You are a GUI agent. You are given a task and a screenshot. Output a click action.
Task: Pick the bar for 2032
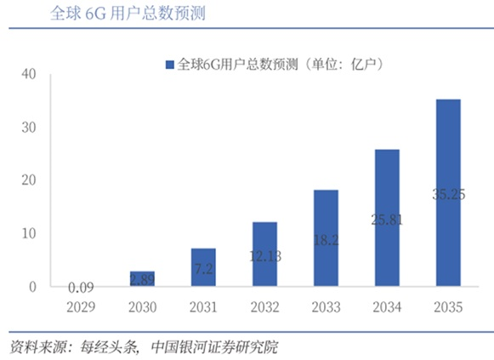tap(264, 254)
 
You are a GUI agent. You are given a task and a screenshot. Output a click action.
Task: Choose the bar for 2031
tap(203, 267)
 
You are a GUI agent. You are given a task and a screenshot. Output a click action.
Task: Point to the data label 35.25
tap(448, 194)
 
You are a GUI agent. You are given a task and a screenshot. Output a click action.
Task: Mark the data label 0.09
tap(81, 287)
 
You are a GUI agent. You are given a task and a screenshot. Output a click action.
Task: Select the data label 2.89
tap(142, 279)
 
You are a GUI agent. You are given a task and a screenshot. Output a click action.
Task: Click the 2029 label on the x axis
tap(81, 307)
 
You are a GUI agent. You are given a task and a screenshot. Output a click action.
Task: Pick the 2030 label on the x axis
tap(142, 307)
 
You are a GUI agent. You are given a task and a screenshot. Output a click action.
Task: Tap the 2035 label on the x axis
tap(448, 307)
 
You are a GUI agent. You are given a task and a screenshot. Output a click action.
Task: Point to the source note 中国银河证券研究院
tap(213, 347)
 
